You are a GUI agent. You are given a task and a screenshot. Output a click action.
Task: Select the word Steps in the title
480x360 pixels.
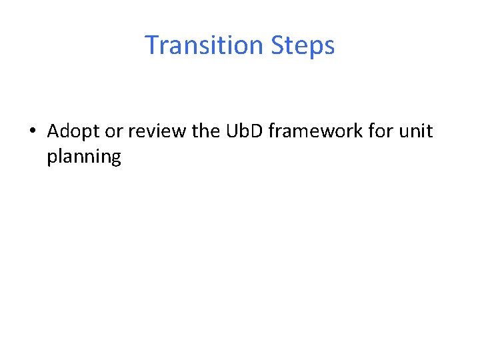click(x=303, y=45)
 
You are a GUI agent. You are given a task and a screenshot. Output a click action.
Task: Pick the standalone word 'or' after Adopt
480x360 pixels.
click(x=114, y=131)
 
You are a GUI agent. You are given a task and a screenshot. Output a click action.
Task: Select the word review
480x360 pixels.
click(x=157, y=131)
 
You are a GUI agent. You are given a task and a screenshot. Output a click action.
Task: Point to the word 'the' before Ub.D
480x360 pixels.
click(x=205, y=131)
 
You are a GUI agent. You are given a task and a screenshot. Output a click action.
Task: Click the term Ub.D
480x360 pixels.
click(x=245, y=131)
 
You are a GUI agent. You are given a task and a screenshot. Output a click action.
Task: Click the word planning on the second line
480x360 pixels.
click(x=84, y=157)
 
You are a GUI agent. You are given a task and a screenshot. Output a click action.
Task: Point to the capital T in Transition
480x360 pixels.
click(x=152, y=45)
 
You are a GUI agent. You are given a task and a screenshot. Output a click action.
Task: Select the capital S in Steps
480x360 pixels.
click(x=278, y=45)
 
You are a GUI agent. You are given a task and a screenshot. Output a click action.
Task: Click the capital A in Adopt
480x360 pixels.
click(x=54, y=131)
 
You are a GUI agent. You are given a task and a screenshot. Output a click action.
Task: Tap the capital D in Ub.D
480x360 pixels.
click(x=259, y=131)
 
